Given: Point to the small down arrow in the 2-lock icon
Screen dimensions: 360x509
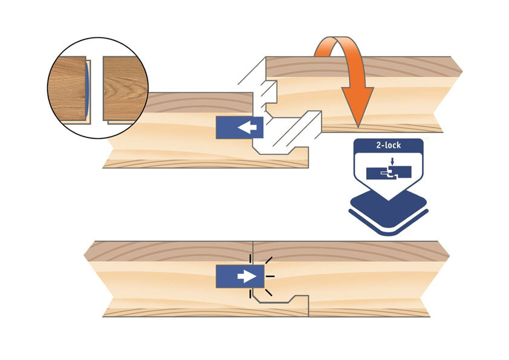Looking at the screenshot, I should [392, 162].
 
